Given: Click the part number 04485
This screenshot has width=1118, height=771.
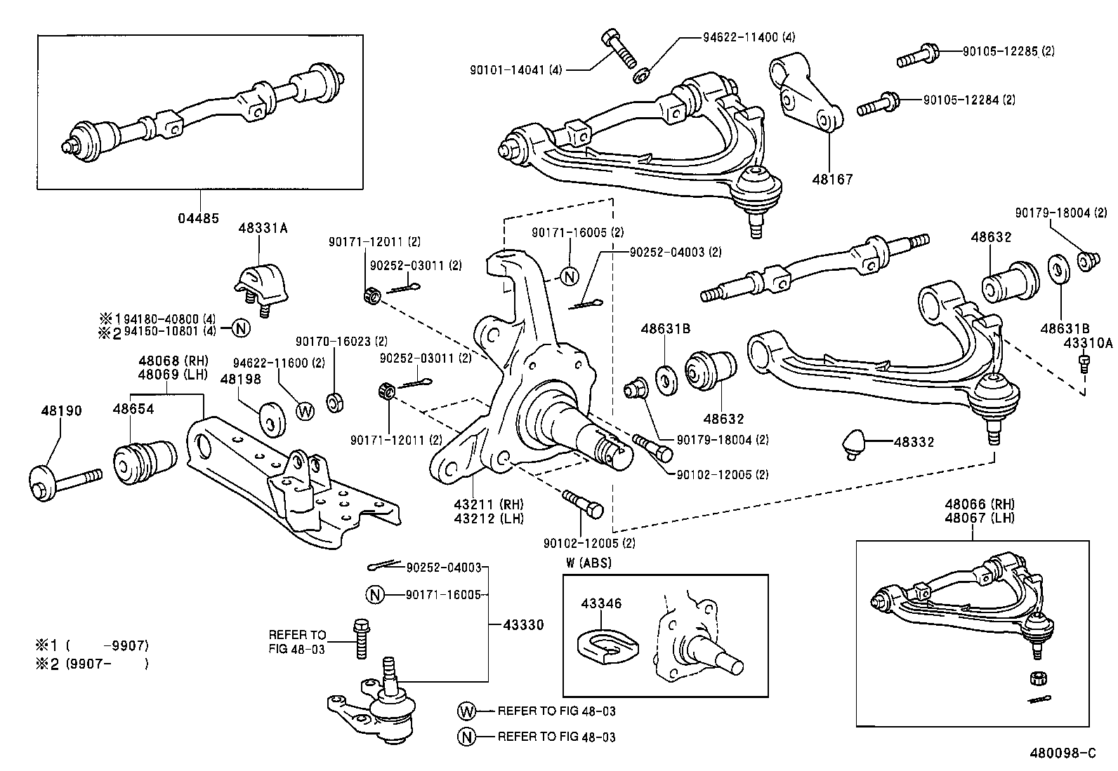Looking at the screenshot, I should (x=199, y=218).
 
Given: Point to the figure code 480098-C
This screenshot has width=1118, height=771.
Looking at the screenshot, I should (x=1063, y=753).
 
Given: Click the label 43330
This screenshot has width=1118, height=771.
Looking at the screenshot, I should (x=523, y=624).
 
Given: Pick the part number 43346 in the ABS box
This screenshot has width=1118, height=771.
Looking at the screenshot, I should (x=601, y=603).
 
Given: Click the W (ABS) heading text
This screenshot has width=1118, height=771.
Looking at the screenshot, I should (x=588, y=563).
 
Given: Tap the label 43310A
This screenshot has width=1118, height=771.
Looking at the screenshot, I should (x=1088, y=344).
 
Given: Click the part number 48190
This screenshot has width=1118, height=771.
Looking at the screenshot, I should (x=61, y=410).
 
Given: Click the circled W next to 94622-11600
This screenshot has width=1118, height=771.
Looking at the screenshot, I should (x=305, y=411).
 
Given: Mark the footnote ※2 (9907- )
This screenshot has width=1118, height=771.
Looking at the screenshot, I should (x=92, y=664).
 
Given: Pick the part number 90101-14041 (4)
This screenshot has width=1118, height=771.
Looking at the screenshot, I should (x=517, y=69).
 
